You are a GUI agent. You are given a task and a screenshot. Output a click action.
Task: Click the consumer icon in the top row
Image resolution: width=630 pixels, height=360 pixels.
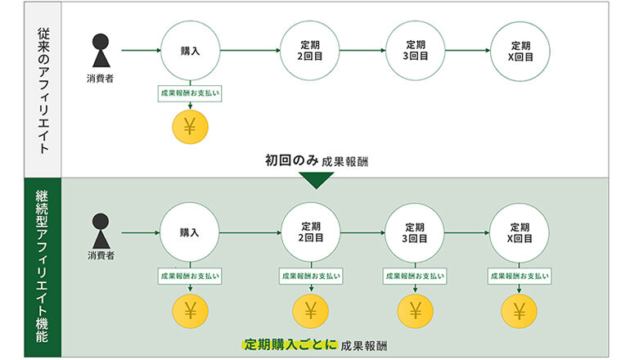100,51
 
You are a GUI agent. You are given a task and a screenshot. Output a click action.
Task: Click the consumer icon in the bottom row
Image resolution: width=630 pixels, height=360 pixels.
100,231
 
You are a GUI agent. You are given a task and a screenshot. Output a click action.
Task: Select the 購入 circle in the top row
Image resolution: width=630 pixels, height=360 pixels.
191,51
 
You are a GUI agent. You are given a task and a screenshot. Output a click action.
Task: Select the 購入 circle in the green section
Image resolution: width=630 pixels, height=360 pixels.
191,232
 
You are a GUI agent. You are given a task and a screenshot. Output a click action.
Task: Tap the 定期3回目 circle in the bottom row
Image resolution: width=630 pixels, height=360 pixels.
414,232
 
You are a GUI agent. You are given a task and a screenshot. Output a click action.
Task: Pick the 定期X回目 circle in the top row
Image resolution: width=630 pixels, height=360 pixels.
520,51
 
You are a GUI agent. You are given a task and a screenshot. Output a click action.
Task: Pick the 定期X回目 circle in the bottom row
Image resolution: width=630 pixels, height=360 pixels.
520,232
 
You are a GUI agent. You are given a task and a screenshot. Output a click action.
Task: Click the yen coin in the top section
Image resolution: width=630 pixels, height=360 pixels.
191,127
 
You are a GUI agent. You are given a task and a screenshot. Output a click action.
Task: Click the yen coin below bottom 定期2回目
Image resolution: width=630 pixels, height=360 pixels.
310,310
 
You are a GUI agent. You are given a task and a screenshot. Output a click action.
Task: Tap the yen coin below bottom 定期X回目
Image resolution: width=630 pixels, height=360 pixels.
520,310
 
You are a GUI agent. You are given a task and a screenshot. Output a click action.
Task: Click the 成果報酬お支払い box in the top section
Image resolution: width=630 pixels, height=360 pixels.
191,93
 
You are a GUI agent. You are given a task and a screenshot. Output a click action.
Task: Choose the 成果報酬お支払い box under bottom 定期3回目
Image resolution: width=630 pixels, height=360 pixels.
414,277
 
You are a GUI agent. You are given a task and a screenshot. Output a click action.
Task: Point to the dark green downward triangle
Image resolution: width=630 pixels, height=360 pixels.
316,180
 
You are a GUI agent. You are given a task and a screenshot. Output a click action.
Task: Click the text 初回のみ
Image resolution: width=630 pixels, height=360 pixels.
291,160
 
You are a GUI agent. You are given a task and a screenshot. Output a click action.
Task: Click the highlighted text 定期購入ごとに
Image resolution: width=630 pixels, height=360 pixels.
290,344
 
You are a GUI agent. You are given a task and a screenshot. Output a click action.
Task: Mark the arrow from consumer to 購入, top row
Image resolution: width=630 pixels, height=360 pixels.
140,51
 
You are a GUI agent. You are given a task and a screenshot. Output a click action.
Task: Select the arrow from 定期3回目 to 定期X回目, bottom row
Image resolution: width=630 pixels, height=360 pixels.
466,232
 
